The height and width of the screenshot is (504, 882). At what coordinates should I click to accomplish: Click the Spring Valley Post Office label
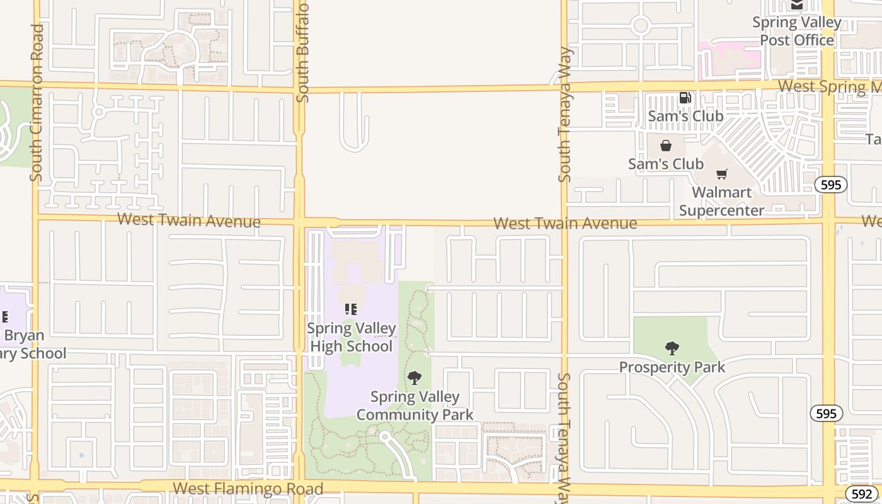[797, 31]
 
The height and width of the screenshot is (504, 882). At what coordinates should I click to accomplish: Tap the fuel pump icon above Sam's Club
[685, 98]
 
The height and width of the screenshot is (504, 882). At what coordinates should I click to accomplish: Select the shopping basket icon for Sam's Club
[665, 146]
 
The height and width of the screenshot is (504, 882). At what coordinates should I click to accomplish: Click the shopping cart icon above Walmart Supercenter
[721, 174]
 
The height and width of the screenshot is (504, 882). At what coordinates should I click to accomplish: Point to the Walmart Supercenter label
[722, 202]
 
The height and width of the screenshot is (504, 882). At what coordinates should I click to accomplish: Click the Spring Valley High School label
[352, 337]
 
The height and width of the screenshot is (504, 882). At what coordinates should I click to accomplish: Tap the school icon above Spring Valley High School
[351, 309]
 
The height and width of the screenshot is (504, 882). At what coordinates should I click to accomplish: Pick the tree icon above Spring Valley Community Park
[415, 378]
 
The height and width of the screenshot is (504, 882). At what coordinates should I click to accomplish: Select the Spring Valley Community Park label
[415, 406]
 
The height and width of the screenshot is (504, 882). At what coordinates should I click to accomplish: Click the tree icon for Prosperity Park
[672, 348]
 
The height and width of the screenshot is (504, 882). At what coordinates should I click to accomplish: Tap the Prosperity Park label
[672, 367]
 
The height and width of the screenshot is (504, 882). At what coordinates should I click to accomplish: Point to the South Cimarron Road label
[37, 103]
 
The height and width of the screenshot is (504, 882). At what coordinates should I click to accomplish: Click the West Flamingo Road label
[248, 488]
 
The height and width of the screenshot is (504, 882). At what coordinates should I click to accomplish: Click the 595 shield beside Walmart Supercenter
[831, 185]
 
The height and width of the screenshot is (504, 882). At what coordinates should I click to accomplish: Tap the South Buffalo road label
[302, 52]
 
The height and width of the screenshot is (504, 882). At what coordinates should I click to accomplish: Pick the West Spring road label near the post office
[829, 86]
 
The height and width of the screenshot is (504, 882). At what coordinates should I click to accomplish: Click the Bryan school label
[25, 344]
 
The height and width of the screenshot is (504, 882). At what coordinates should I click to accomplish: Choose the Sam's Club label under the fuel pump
[685, 116]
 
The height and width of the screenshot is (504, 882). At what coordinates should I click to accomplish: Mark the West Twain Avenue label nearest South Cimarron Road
[188, 220]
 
